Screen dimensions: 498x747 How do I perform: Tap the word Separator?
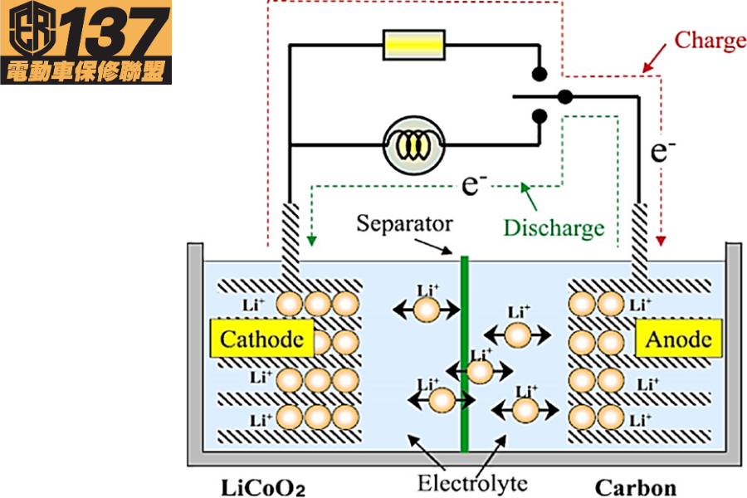[x=404, y=223]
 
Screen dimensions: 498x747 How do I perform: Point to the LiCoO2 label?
[x=263, y=487]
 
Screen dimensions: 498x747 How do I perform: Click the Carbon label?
[x=636, y=487]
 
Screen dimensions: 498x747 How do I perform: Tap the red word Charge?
[x=710, y=40]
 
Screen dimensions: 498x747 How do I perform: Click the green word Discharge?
[x=554, y=227]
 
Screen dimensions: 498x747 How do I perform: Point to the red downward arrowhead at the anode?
[x=661, y=241]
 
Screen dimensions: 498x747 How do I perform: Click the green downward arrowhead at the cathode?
[x=311, y=241]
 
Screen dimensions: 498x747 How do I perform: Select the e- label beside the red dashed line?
[x=662, y=151]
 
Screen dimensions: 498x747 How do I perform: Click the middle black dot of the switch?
[x=565, y=96]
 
